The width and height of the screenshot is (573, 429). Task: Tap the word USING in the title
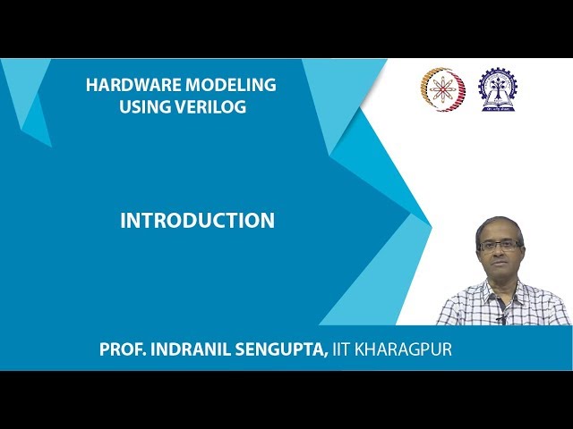tap(145, 107)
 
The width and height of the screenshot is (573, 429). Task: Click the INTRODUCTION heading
tap(197, 221)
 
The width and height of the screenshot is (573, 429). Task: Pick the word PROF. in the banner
tap(121, 349)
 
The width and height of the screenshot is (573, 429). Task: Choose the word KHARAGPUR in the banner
tap(407, 349)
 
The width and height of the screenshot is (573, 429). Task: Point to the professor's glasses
tap(499, 245)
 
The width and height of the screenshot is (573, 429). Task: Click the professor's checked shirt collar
tap(501, 290)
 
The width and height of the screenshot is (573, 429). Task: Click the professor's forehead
tap(499, 234)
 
